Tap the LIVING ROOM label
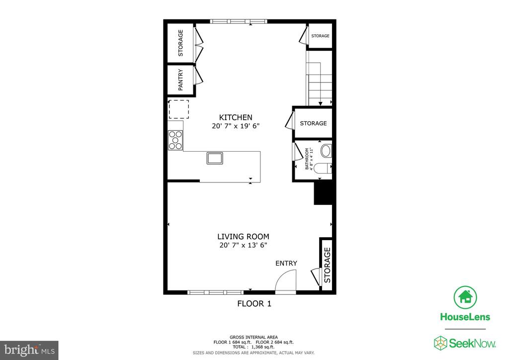pyautogui.click(x=243, y=237)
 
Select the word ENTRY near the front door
pyautogui.click(x=286, y=263)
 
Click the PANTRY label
pyautogui.click(x=180, y=79)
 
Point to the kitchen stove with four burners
pyautogui.click(x=175, y=139)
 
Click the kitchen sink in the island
pyautogui.click(x=215, y=159)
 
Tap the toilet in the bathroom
pyautogui.click(x=324, y=169)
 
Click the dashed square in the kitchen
pyautogui.click(x=178, y=109)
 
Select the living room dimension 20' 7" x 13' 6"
pyautogui.click(x=243, y=245)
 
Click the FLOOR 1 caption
pyautogui.click(x=254, y=303)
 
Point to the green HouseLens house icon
pyautogui.click(x=465, y=297)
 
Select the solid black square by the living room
pyautogui.click(x=323, y=192)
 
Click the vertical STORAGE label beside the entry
pyautogui.click(x=327, y=266)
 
